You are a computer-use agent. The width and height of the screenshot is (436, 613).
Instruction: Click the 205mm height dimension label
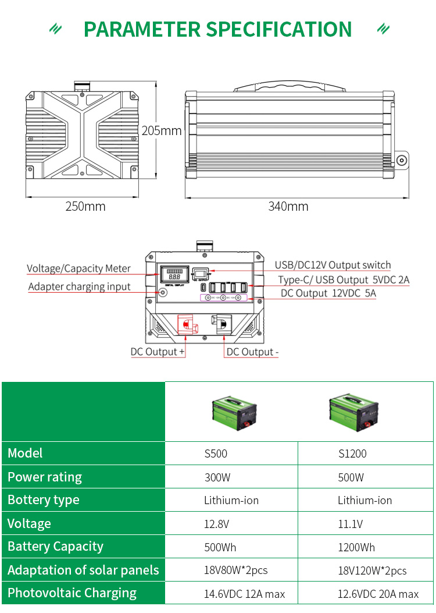click(x=162, y=130)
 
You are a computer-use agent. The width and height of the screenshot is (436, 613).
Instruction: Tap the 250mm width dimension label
click(x=85, y=206)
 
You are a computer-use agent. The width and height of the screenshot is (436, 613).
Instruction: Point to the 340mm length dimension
click(x=288, y=206)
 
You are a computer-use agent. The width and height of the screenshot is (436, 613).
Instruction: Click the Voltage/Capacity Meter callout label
click(x=78, y=268)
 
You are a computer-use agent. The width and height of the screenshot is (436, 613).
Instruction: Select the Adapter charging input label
click(x=79, y=286)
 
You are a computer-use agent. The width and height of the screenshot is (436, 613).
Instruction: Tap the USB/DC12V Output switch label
click(x=333, y=265)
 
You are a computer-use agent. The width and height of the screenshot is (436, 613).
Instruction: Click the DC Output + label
click(x=158, y=352)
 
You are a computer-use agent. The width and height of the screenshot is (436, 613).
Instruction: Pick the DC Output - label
click(x=252, y=352)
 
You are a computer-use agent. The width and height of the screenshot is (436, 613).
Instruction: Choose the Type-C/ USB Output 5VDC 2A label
click(x=343, y=280)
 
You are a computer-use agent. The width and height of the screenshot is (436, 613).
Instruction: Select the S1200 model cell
click(x=352, y=453)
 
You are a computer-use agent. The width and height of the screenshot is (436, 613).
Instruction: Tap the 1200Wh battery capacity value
click(x=356, y=547)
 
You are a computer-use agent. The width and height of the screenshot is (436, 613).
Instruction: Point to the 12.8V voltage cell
click(x=216, y=524)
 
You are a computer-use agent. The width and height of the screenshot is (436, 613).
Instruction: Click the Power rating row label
click(x=45, y=477)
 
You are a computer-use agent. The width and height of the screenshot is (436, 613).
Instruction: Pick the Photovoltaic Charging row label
click(x=72, y=593)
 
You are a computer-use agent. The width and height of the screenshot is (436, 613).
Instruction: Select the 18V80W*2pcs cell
click(x=235, y=571)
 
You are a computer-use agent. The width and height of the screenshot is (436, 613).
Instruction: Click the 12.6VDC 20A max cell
click(x=378, y=594)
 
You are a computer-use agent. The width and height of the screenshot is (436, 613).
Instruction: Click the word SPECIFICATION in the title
click(x=279, y=29)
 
